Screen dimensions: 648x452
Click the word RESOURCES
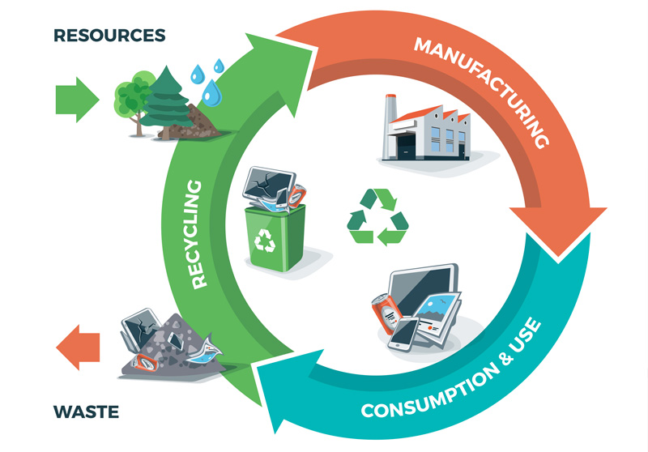(x=109, y=35)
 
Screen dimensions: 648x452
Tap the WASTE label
(x=86, y=412)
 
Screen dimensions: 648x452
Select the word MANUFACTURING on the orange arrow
(x=482, y=91)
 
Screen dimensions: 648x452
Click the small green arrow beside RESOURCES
(x=77, y=100)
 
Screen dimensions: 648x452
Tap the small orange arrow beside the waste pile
(x=78, y=347)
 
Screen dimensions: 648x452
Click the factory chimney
(x=390, y=126)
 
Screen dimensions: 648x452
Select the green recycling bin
(x=275, y=237)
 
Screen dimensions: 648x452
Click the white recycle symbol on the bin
(x=265, y=241)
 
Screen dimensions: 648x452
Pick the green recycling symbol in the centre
(x=377, y=216)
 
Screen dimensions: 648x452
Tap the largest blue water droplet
(x=212, y=93)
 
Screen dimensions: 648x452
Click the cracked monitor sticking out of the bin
(x=269, y=184)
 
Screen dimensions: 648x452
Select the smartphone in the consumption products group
(x=403, y=334)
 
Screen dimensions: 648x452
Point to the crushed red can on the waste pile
(x=145, y=363)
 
